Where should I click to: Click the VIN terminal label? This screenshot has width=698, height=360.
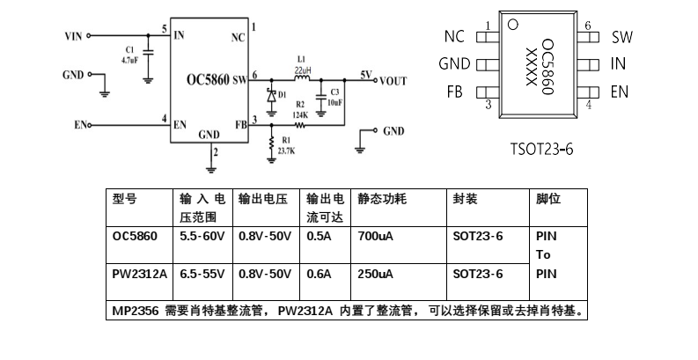(74, 36)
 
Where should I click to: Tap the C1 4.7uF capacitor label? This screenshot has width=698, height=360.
(129, 55)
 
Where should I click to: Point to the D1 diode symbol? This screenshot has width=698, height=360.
(273, 93)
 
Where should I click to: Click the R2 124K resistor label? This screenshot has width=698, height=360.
(300, 110)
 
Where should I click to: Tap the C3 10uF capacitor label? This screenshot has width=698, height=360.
(334, 97)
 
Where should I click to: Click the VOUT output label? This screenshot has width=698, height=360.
(393, 81)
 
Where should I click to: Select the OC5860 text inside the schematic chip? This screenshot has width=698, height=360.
(208, 80)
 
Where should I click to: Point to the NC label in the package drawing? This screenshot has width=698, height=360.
(454, 37)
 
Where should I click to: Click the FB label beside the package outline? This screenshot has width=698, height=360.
(455, 92)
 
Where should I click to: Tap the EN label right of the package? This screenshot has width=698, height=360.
(620, 92)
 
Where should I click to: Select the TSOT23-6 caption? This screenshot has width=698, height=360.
(541, 149)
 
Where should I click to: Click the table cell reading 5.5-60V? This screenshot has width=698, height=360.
(202, 237)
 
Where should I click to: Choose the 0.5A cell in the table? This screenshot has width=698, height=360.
(319, 237)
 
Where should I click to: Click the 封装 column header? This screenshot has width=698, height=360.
(465, 200)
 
